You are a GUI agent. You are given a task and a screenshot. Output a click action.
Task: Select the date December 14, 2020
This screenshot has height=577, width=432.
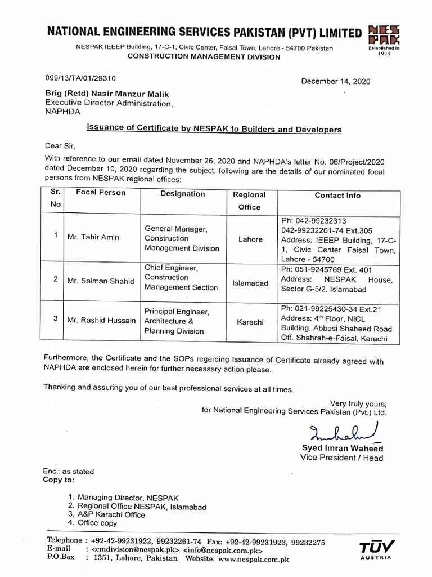(336, 81)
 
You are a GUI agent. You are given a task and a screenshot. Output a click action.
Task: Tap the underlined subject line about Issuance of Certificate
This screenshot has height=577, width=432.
(214, 129)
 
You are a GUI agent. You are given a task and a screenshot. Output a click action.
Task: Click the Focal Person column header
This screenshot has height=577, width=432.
(101, 193)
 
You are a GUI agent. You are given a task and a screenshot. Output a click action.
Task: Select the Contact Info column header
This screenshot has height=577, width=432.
(337, 195)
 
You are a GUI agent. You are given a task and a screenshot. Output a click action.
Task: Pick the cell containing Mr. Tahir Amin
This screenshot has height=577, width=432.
(93, 237)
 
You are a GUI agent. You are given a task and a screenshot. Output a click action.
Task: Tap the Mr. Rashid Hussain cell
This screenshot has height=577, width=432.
(101, 320)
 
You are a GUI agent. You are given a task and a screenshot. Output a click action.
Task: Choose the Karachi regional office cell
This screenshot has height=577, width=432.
(250, 322)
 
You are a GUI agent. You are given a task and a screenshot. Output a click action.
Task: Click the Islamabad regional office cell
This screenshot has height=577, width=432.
(250, 283)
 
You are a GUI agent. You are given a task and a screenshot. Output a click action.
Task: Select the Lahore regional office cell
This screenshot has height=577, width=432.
(250, 239)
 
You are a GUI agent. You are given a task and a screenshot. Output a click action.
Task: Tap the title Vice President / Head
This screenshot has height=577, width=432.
(341, 458)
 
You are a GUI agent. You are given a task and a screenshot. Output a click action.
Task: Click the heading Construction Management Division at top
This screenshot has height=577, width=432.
(203, 57)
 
